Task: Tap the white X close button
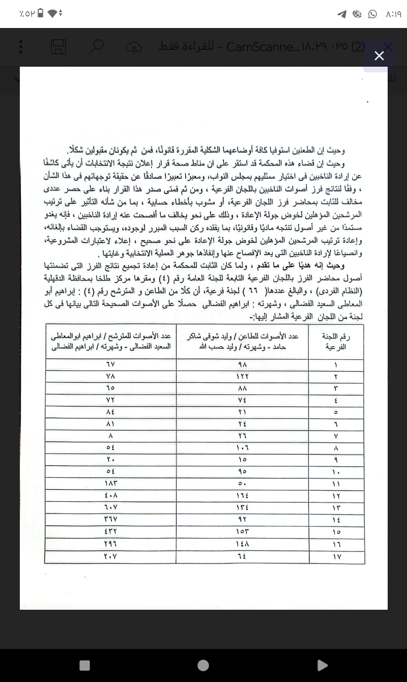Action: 379,55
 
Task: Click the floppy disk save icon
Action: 59,47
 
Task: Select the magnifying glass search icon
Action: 95,47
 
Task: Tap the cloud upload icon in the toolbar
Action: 133,47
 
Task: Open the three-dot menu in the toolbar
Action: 21,47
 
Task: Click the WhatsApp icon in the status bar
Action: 373,14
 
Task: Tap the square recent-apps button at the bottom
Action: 85,665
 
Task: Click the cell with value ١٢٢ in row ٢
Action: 242,376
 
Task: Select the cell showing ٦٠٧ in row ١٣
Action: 110,507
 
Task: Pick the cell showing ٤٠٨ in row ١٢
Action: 110,496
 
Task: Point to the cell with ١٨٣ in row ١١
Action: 110,484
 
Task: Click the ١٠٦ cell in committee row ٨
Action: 242,448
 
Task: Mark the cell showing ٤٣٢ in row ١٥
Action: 110,531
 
